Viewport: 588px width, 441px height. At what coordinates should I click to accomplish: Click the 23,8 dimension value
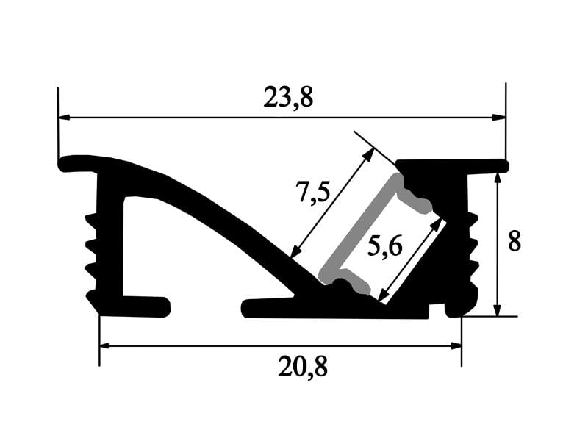[288, 97]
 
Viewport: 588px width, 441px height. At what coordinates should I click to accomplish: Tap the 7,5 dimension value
[312, 191]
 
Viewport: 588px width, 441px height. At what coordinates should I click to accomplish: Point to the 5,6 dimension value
[385, 246]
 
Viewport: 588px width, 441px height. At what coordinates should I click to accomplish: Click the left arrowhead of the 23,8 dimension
[65, 118]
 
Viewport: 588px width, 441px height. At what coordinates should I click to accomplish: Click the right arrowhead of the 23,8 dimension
[499, 118]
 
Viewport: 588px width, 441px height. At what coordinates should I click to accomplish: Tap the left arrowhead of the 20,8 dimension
[106, 345]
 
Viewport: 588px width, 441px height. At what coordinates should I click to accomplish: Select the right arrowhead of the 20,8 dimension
[455, 345]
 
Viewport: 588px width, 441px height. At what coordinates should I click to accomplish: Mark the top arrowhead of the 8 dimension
[498, 179]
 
